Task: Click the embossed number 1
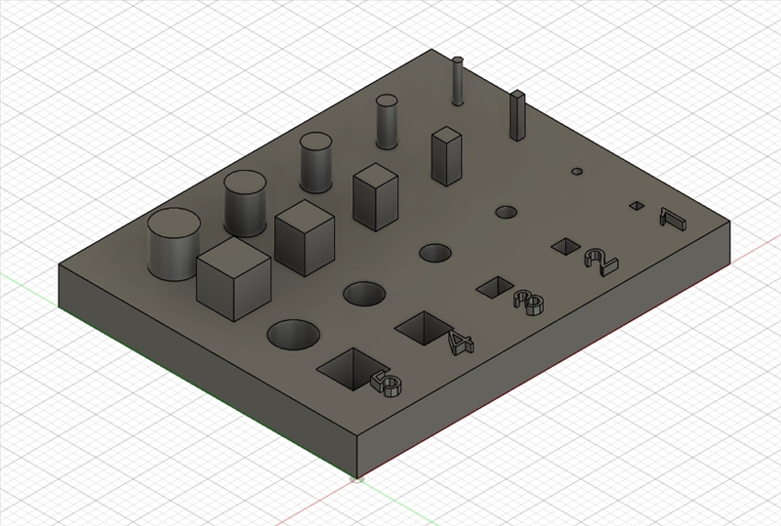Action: coord(674,219)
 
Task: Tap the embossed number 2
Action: coord(601,263)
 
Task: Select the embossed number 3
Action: coord(529,302)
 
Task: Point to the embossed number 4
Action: coord(460,344)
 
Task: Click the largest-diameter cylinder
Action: coord(174,244)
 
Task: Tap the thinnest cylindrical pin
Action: coord(458,81)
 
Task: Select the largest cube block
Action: coord(233,278)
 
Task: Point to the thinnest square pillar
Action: coord(517,115)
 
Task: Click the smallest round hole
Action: coord(577,172)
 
